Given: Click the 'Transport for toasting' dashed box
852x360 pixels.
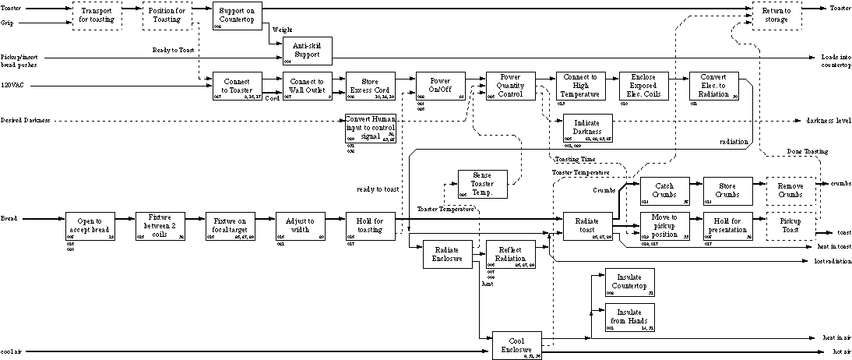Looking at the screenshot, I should pyautogui.click(x=97, y=16).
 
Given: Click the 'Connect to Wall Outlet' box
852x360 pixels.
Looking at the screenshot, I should pyautogui.click(x=307, y=86).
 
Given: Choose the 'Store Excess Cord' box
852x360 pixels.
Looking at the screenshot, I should pyautogui.click(x=370, y=86).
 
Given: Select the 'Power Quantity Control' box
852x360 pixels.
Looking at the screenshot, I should pyautogui.click(x=510, y=86).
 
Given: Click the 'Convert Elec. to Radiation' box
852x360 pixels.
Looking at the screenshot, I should pyautogui.click(x=713, y=86).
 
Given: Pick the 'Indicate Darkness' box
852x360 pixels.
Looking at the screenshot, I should pyautogui.click(x=588, y=128).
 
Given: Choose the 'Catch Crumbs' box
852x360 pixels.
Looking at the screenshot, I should pyautogui.click(x=664, y=191).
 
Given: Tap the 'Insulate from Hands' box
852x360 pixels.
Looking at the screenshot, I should pyautogui.click(x=630, y=317).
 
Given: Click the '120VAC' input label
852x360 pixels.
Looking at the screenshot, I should pyautogui.click(x=12, y=84).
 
